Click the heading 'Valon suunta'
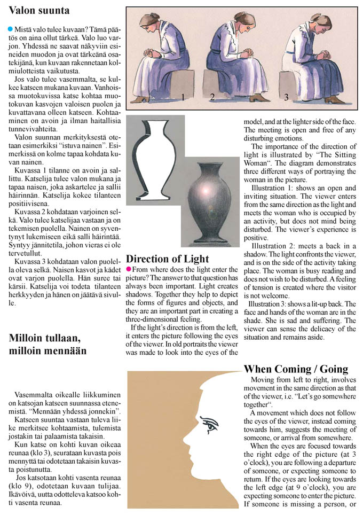(39, 10)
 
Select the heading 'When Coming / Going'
(296, 369)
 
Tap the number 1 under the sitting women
(183, 97)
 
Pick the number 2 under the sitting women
(212, 97)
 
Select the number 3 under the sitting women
(287, 97)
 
